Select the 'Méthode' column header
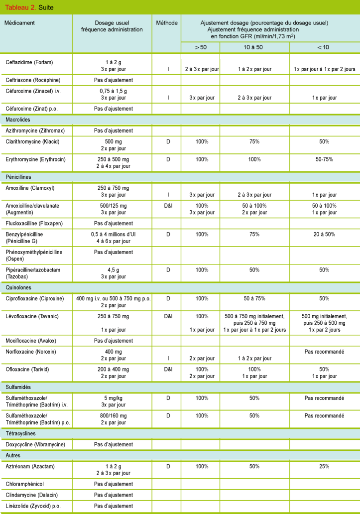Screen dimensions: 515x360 point(166,23)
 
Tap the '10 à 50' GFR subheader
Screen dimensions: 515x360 point(254,47)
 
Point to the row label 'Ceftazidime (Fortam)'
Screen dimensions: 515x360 point(29,62)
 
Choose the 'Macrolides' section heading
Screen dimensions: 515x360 point(19,120)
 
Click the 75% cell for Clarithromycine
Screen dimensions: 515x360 point(254,141)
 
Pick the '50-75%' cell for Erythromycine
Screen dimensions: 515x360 point(324,159)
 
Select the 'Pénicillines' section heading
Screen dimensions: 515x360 point(19,177)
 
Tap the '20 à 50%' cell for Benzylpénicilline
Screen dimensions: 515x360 point(324,234)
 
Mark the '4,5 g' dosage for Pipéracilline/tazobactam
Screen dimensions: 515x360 point(113,269)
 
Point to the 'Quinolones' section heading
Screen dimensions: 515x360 point(18,287)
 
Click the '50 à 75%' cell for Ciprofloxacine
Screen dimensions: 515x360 point(254,299)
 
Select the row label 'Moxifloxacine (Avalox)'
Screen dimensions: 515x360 point(31,341)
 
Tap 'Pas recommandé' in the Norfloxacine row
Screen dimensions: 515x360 point(324,352)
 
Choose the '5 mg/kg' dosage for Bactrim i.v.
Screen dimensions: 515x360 point(113,398)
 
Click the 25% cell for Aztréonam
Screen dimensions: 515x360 point(324,467)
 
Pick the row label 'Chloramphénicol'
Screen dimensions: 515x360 point(25,484)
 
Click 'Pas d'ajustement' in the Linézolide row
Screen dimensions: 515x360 point(113,506)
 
